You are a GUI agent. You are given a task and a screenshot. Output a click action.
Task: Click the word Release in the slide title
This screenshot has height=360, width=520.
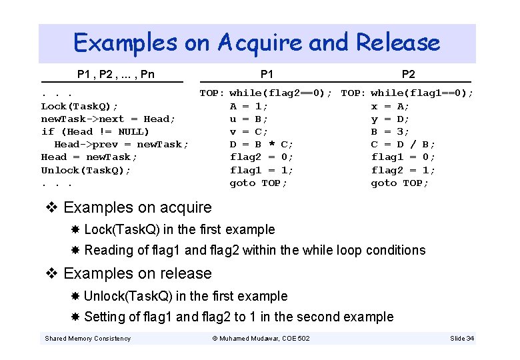tap(398, 43)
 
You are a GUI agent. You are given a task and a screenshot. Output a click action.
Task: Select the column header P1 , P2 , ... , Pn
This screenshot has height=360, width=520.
tap(115, 74)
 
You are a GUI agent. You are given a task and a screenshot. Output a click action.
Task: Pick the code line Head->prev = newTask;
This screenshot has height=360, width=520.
tap(121, 144)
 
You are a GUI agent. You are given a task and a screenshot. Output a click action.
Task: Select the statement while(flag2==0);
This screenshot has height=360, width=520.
tap(281, 93)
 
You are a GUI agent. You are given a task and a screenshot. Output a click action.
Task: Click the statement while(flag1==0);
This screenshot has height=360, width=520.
tap(422, 93)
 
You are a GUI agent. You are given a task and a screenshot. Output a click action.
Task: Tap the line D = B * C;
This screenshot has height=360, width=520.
tap(261, 144)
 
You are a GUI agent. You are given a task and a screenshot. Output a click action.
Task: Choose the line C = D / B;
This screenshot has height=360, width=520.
tap(403, 144)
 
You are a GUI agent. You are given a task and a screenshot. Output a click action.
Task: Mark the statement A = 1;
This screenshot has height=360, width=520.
tap(249, 106)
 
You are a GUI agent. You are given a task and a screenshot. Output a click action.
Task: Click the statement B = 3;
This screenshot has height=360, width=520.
tap(391, 131)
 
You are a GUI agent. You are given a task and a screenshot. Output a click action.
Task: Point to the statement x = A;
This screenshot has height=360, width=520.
tap(391, 106)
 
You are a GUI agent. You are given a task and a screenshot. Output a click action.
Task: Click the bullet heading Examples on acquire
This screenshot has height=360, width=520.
tap(137, 207)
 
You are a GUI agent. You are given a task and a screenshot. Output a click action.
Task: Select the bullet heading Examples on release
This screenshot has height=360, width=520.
tap(137, 273)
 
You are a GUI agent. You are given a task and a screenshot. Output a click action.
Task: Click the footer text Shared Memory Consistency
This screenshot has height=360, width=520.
tap(87, 339)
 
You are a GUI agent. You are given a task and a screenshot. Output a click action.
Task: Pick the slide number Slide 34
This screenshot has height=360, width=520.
tap(462, 339)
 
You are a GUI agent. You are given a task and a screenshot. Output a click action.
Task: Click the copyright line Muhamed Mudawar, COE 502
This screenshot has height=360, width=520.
tap(261, 339)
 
